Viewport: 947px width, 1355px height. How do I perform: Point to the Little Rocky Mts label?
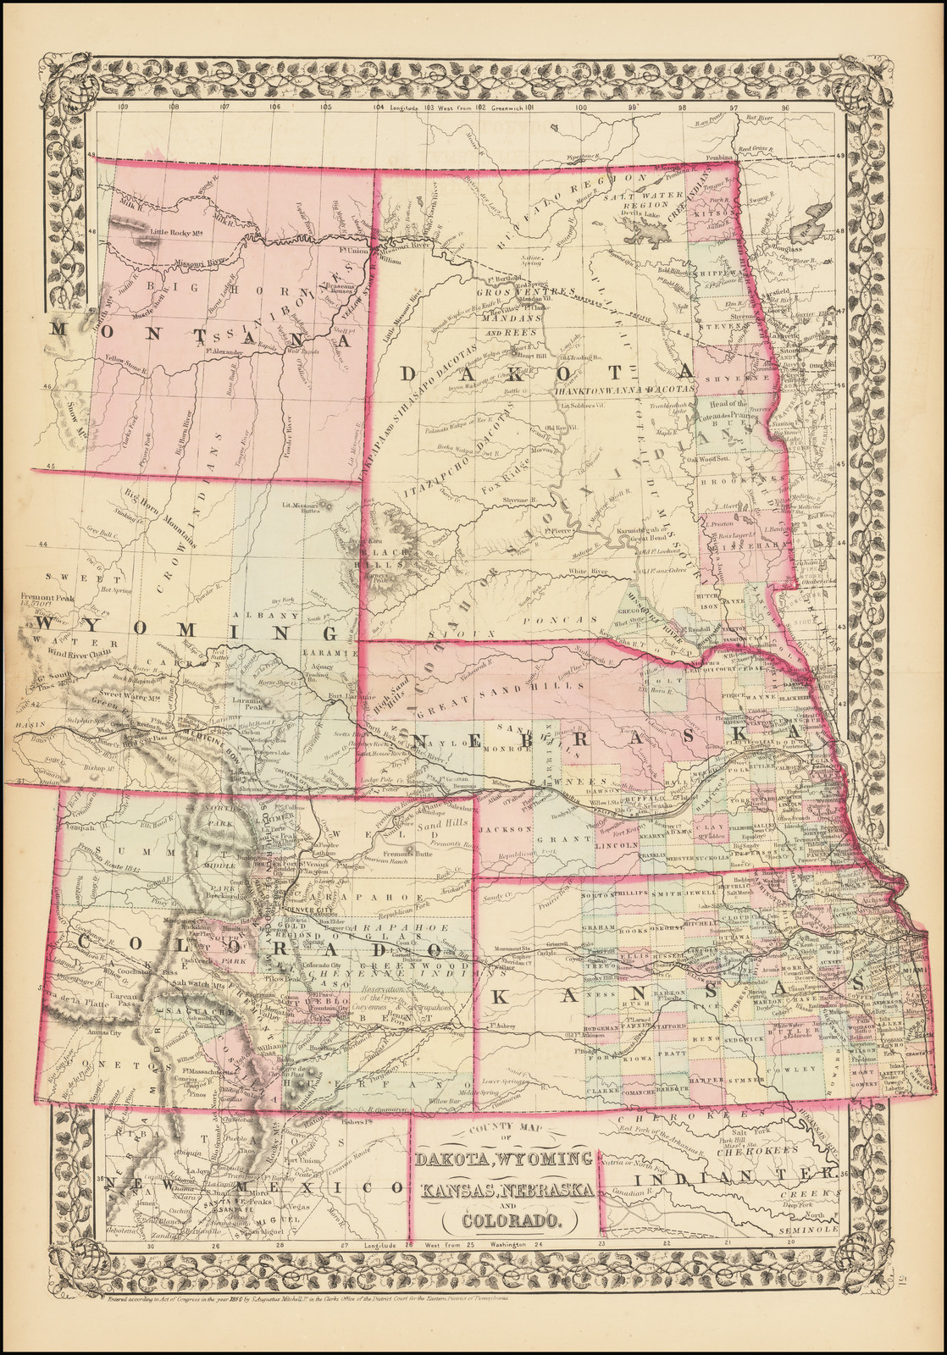[x=174, y=233]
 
